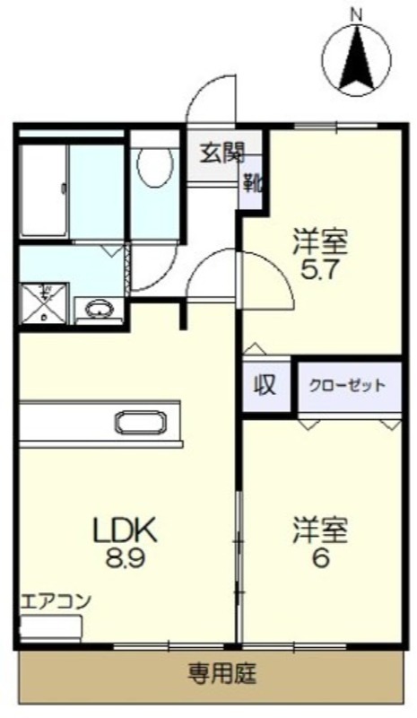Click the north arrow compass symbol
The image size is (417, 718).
click(358, 59)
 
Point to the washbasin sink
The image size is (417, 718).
click(99, 309)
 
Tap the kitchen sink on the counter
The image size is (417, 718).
click(141, 422)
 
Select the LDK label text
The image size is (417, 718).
click(125, 530)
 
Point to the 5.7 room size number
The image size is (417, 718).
click(319, 271)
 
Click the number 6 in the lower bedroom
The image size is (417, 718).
click(320, 558)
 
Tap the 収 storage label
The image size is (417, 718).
click(265, 386)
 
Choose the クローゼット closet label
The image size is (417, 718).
click(347, 386)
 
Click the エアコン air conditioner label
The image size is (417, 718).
click(56, 601)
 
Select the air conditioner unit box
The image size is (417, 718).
click(51, 629)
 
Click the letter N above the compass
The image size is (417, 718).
click(357, 15)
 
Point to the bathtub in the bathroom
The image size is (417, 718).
click(44, 190)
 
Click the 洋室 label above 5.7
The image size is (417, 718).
click(320, 242)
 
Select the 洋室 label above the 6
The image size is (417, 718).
click(320, 530)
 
